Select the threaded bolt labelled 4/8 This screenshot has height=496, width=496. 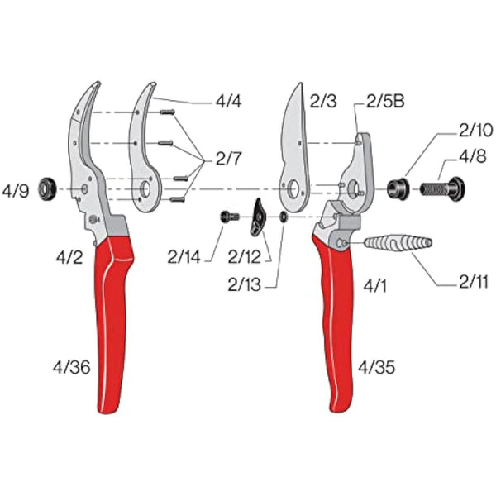tap(442, 189)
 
